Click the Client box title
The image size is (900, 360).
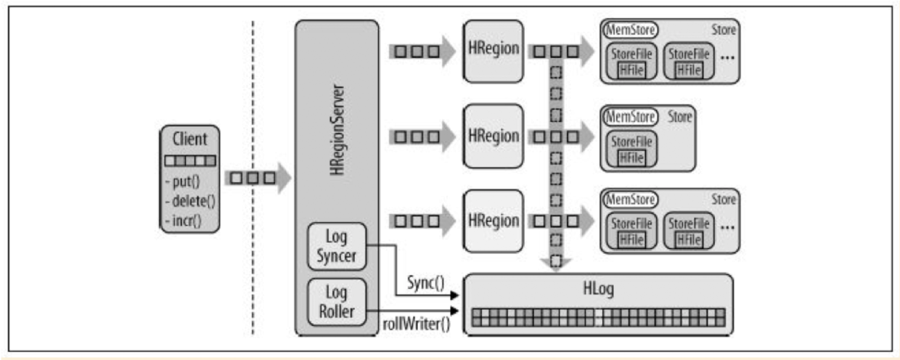click(x=190, y=139)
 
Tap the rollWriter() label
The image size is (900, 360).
click(x=417, y=322)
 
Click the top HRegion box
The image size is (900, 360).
click(x=494, y=50)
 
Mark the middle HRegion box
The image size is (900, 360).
click(x=494, y=136)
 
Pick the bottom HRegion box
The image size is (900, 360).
click(x=494, y=220)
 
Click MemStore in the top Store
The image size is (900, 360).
click(x=631, y=30)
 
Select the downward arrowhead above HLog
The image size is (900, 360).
click(x=555, y=264)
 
